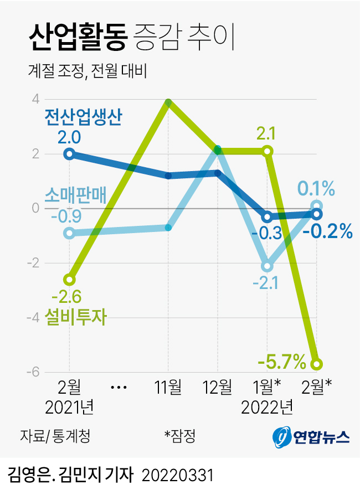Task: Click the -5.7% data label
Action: (282, 363)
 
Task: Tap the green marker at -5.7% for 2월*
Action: (316, 364)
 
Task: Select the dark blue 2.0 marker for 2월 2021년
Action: (69, 154)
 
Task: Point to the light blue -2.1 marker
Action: (268, 266)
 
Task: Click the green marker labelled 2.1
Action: (268, 151)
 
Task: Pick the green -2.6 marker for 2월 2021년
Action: (69, 279)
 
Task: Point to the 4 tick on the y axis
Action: (35, 100)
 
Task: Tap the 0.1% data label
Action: (316, 190)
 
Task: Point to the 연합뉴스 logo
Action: (311, 437)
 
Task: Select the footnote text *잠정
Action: (180, 436)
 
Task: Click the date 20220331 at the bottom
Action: (178, 474)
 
